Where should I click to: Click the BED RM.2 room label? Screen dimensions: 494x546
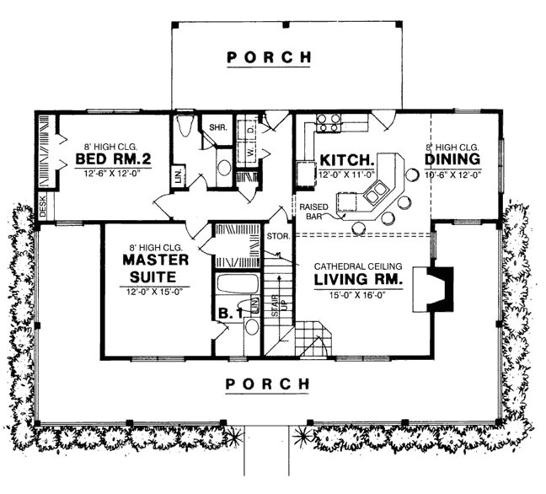107,158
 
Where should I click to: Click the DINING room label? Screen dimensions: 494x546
452,158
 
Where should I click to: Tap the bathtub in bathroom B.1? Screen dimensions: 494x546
240,283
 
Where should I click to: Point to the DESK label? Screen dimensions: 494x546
44,207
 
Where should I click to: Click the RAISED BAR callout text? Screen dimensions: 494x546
312,210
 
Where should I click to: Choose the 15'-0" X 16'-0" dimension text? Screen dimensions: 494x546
358,295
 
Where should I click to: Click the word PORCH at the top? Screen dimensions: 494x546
270,57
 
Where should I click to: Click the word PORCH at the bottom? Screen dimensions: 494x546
270,384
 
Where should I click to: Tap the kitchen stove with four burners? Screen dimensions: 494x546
327,124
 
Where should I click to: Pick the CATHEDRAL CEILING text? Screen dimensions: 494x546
359,265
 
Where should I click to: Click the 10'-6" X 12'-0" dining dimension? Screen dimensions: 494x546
452,175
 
